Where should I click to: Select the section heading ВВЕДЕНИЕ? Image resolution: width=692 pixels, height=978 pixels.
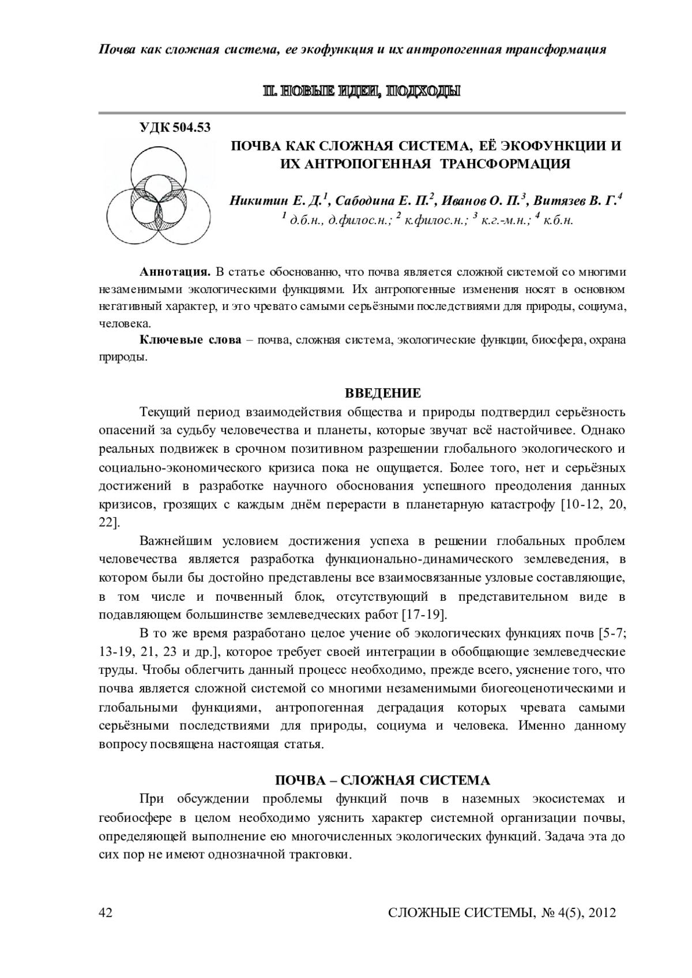(x=382, y=393)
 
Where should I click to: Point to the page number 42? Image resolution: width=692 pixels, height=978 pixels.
(x=106, y=912)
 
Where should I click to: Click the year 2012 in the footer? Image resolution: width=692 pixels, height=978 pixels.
(x=600, y=912)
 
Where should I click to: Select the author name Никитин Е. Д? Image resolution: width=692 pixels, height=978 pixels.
(x=277, y=201)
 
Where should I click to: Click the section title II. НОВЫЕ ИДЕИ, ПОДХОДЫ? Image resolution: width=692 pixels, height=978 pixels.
(x=362, y=91)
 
